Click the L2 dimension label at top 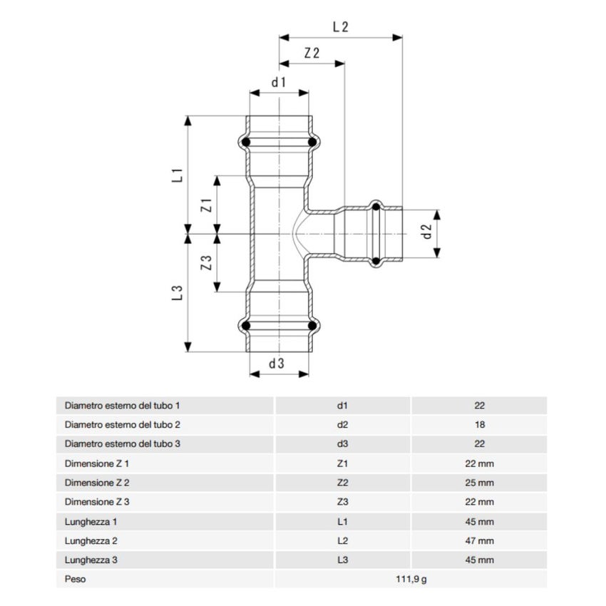click(340, 27)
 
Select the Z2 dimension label click(312, 53)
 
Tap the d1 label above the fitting click(278, 82)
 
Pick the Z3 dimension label click(207, 262)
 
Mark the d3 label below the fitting click(277, 363)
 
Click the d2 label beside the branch click(426, 232)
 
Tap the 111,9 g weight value click(411, 579)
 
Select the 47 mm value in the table click(479, 540)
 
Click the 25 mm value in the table click(479, 483)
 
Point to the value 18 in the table click(479, 424)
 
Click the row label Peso click(75, 579)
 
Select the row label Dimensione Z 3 click(97, 502)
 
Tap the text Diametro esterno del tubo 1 click(122, 405)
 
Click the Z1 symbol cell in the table click(342, 463)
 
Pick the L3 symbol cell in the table click(342, 560)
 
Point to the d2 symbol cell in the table click(342, 424)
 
